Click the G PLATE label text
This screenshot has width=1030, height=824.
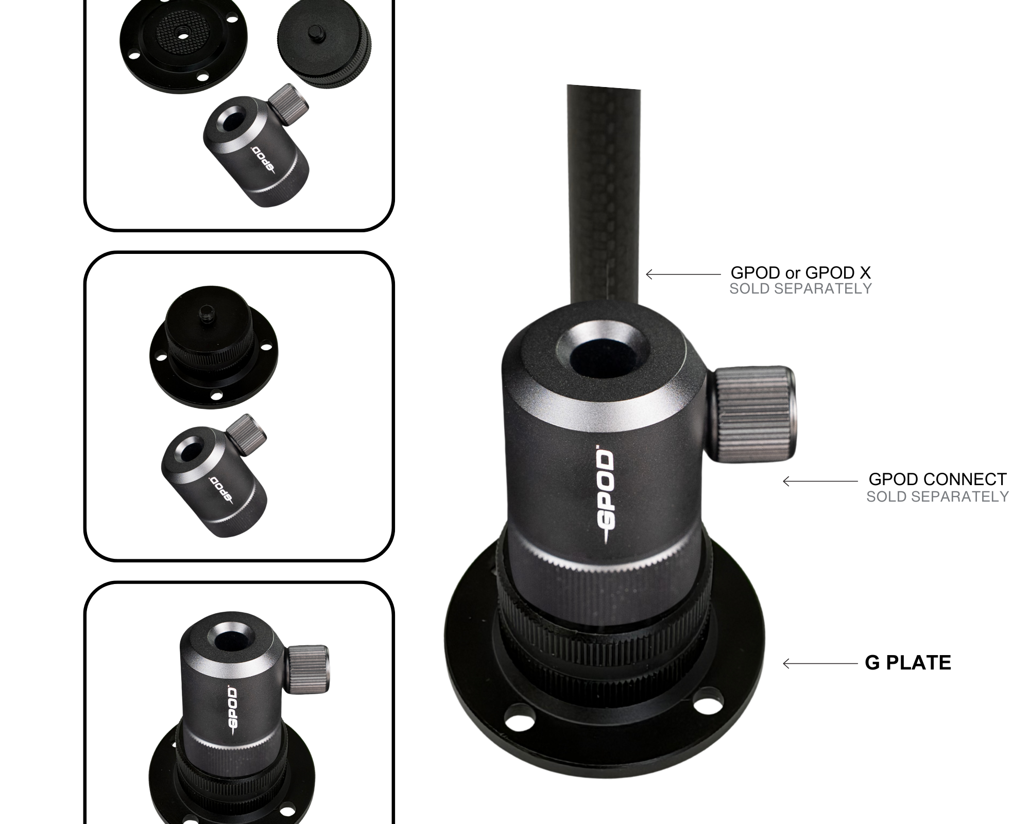coord(908,663)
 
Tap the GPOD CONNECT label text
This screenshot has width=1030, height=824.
coord(937,479)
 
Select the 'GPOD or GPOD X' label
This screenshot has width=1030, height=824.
coord(800,272)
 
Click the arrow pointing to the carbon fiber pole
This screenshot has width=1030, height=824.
coord(683,274)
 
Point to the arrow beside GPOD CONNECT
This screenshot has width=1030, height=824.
coord(820,481)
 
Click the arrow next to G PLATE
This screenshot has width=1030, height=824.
coord(820,664)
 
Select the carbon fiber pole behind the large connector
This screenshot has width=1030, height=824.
coord(604,196)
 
